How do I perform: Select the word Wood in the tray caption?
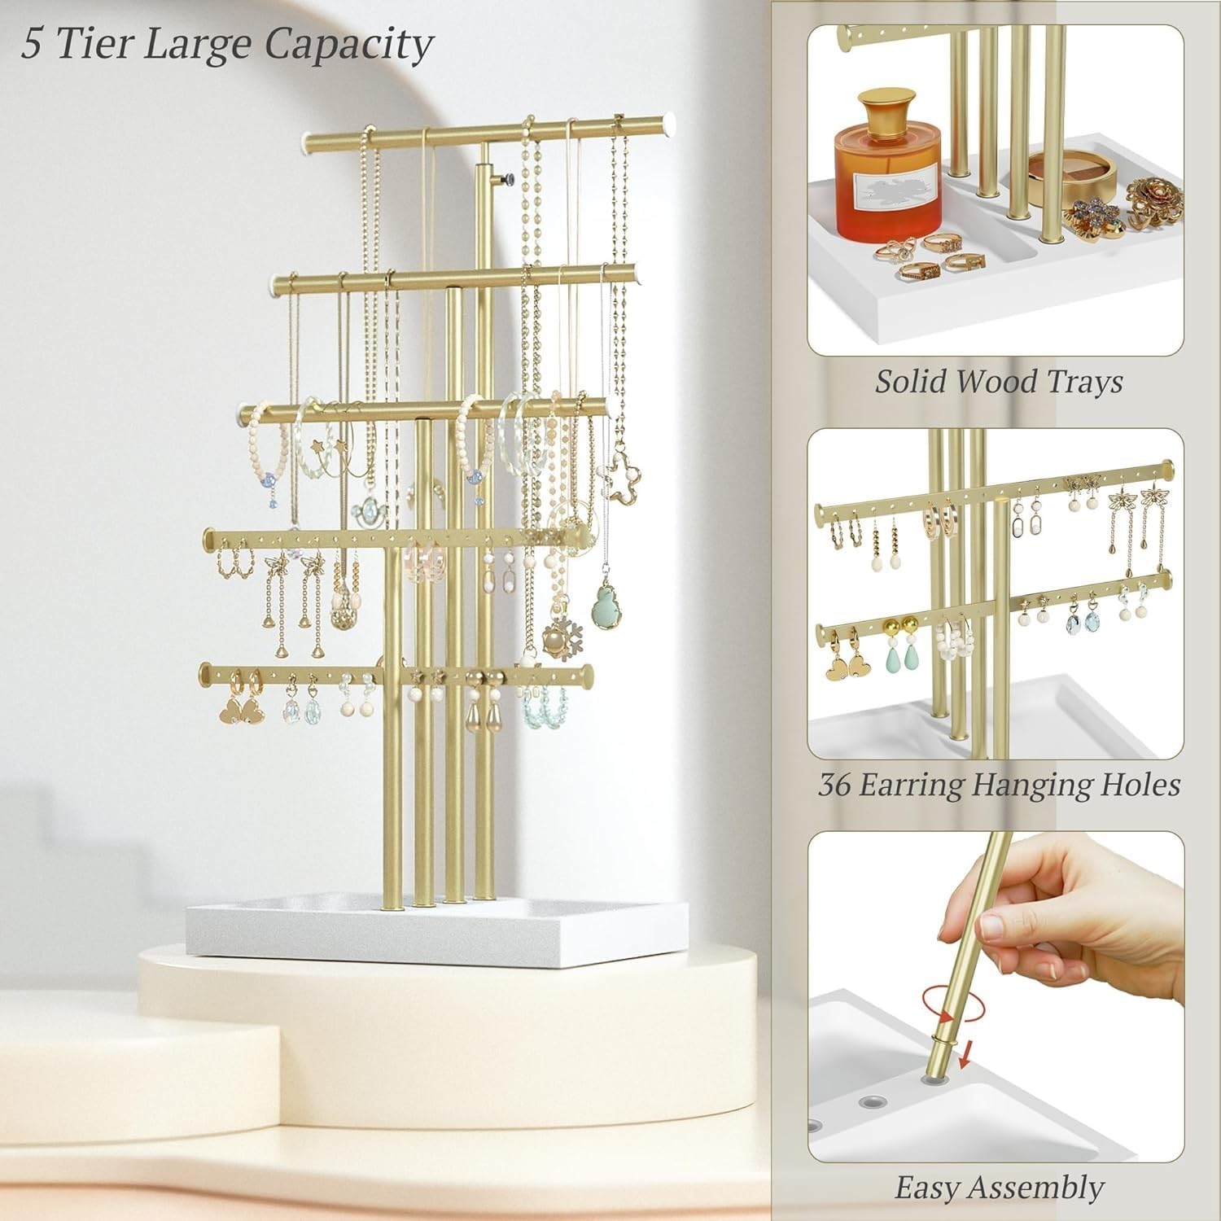(999, 381)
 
